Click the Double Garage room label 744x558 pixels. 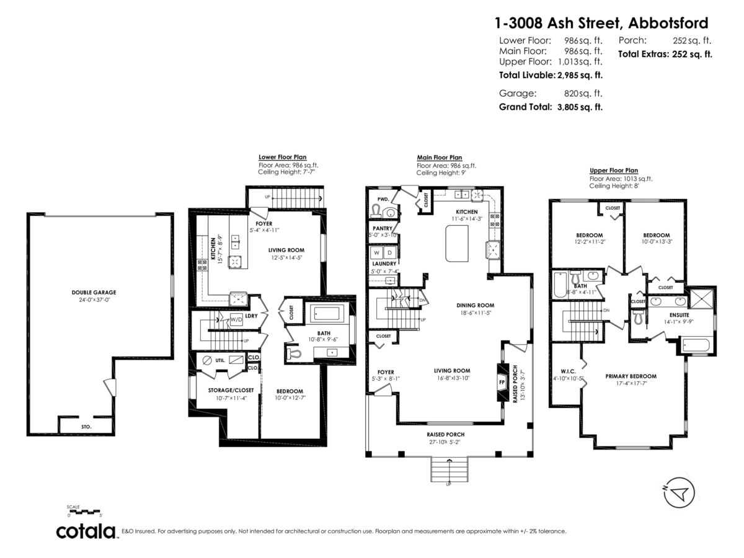click(93, 292)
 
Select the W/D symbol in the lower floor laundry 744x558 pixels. click(236, 320)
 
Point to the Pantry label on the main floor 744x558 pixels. click(382, 228)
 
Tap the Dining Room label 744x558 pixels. click(475, 305)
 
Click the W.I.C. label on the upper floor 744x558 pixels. click(569, 371)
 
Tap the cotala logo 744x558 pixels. click(86, 531)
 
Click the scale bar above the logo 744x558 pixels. click(84, 512)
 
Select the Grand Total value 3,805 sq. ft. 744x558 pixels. click(580, 107)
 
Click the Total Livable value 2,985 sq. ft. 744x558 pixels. click(580, 75)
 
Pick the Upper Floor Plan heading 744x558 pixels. click(613, 170)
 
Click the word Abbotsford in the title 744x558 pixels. click(668, 23)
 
